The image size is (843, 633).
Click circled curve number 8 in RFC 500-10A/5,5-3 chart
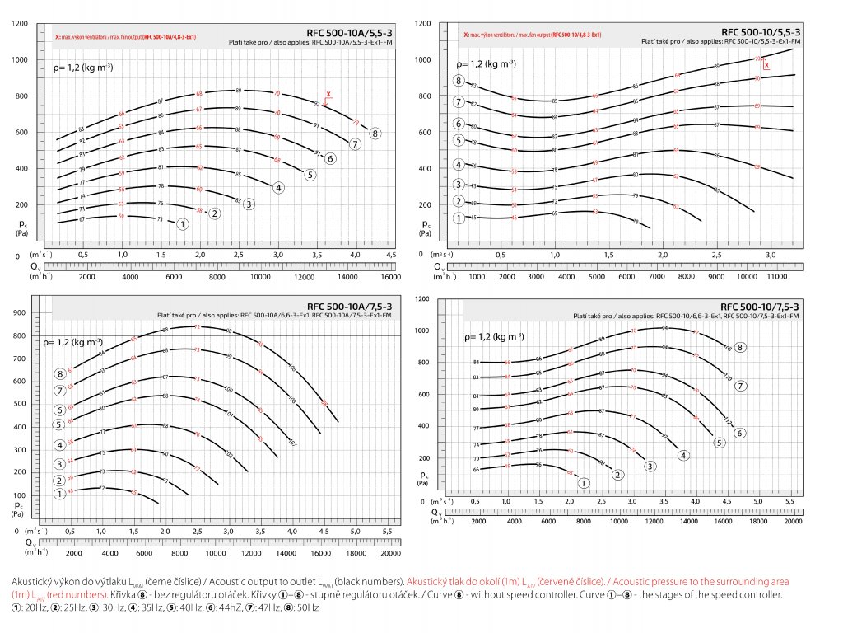(x=375, y=133)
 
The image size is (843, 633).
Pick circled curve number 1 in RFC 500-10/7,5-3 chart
(x=585, y=483)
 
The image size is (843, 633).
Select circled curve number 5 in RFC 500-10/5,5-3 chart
(x=459, y=141)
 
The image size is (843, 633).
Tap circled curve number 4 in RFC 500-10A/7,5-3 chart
(x=60, y=445)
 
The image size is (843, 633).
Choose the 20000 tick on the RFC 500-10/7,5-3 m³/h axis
(x=793, y=522)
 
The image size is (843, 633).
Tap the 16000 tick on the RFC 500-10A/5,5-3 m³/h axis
(x=390, y=278)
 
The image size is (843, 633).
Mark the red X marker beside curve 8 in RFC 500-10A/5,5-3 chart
(x=328, y=95)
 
